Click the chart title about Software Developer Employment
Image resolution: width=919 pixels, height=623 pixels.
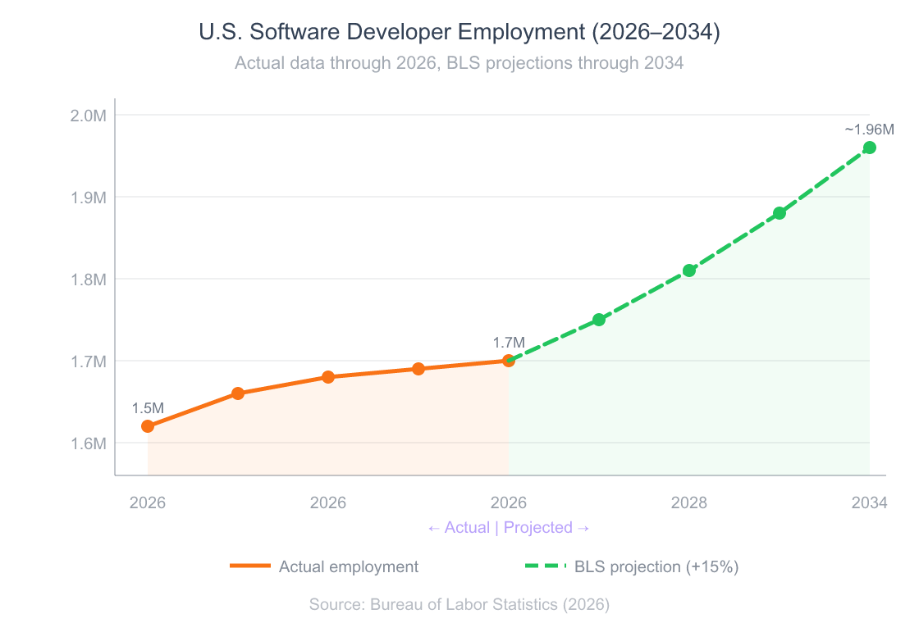[x=459, y=32]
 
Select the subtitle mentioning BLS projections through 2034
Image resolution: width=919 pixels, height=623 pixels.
[x=459, y=63]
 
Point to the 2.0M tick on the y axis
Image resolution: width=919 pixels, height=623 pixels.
[x=89, y=115]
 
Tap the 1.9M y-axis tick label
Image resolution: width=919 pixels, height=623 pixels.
[x=89, y=197]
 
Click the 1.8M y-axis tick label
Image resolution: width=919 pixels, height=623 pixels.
[x=89, y=279]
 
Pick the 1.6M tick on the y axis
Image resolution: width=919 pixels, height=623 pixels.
[x=89, y=443]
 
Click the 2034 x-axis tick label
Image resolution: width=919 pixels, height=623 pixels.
[x=869, y=502]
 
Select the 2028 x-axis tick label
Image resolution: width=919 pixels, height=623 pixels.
[x=689, y=502]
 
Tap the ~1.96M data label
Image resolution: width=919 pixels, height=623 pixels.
[x=869, y=130]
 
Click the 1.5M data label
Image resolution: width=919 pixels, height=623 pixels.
[x=148, y=408]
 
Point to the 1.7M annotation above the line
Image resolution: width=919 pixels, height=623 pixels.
[x=508, y=343]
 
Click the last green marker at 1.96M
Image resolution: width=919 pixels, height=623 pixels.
[x=870, y=148]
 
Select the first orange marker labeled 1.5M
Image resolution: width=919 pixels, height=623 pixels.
[x=148, y=426]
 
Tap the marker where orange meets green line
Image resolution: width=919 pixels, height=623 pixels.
[x=509, y=361]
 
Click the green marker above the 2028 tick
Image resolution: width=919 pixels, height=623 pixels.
[x=689, y=271]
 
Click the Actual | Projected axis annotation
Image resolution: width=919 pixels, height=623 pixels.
[x=509, y=527]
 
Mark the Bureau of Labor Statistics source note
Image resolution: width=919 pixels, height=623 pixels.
[x=459, y=605]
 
